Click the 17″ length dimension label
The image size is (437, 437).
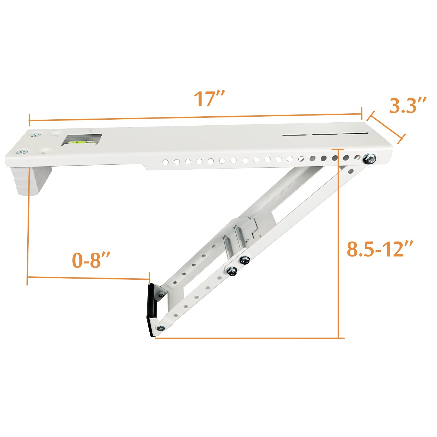[209, 99]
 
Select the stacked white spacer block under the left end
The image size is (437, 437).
[36, 181]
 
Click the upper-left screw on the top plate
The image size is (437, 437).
[36, 134]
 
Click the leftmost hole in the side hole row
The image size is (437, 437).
[165, 162]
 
